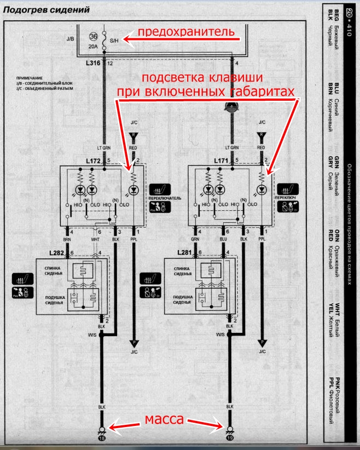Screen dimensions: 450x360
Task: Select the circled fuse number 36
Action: point(92,36)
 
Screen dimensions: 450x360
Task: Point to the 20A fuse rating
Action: point(92,47)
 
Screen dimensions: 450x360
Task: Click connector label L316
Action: point(93,64)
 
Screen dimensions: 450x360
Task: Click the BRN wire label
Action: point(67,239)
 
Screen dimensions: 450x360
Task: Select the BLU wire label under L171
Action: point(223,239)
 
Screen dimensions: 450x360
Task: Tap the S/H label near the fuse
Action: point(114,40)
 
